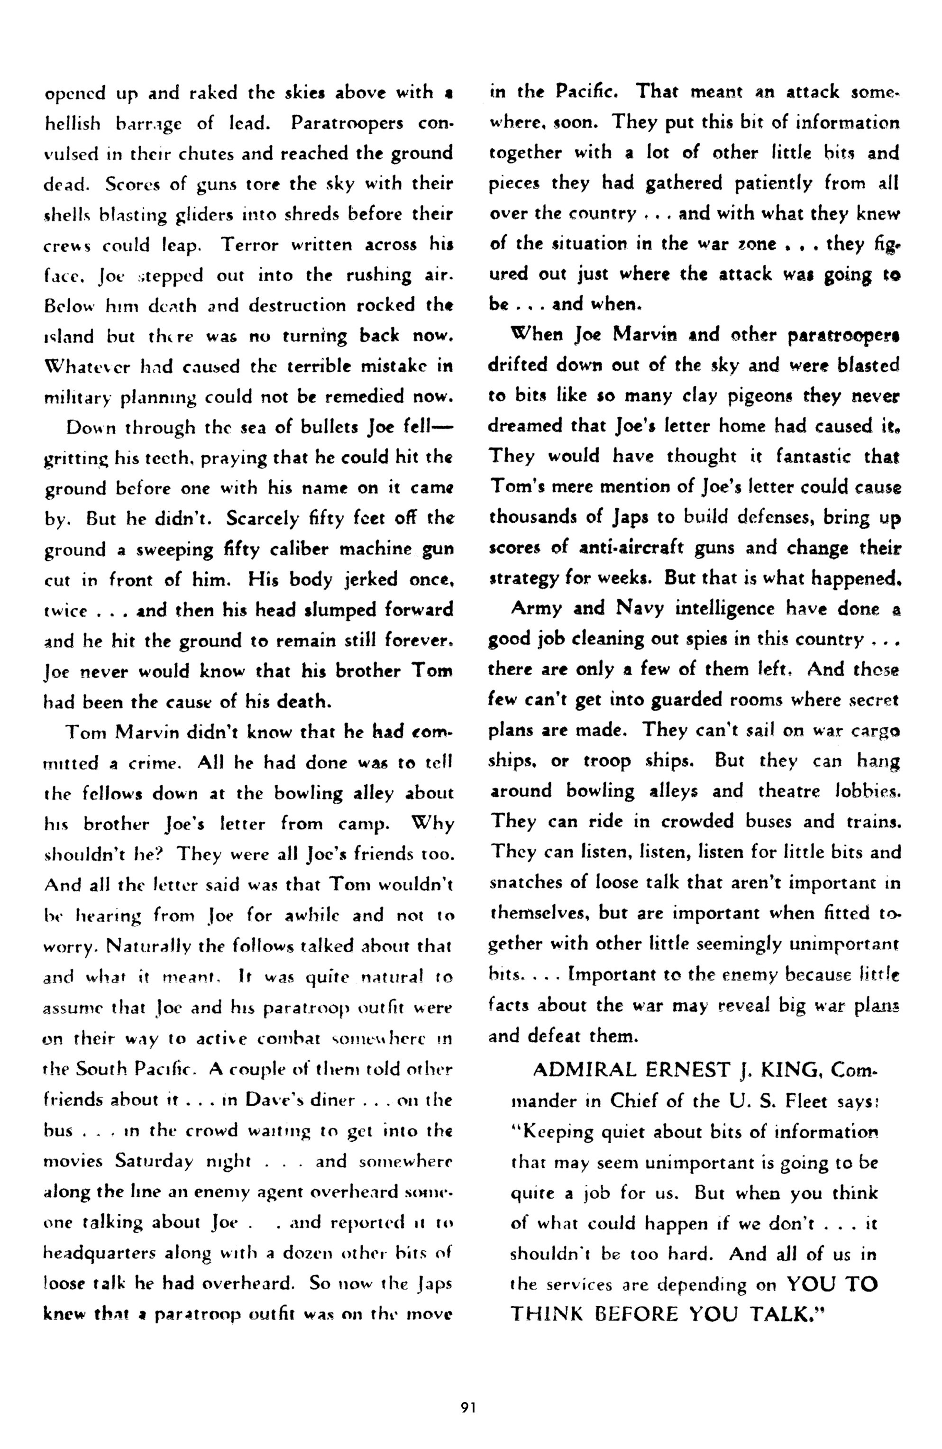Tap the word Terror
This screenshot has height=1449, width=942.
250,245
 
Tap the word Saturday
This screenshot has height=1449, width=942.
154,1161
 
